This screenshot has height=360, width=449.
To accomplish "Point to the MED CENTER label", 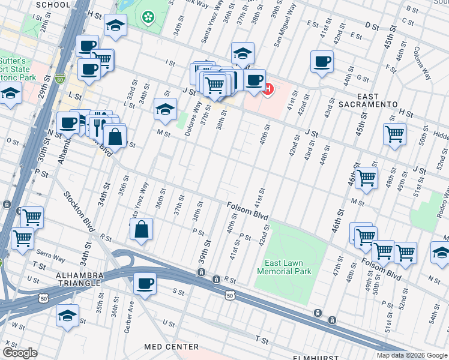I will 171,347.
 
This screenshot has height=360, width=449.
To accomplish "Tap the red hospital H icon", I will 268,90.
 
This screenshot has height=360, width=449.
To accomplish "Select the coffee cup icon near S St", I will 144,283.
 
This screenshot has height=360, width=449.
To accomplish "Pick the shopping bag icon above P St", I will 141,230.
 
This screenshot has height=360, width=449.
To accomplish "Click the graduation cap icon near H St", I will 115,26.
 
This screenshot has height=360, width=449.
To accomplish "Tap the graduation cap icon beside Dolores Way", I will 165,109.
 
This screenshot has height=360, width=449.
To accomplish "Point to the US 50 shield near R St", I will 230,295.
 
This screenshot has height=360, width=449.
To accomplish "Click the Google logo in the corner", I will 19,353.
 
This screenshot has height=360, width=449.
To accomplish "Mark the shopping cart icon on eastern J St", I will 394,134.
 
